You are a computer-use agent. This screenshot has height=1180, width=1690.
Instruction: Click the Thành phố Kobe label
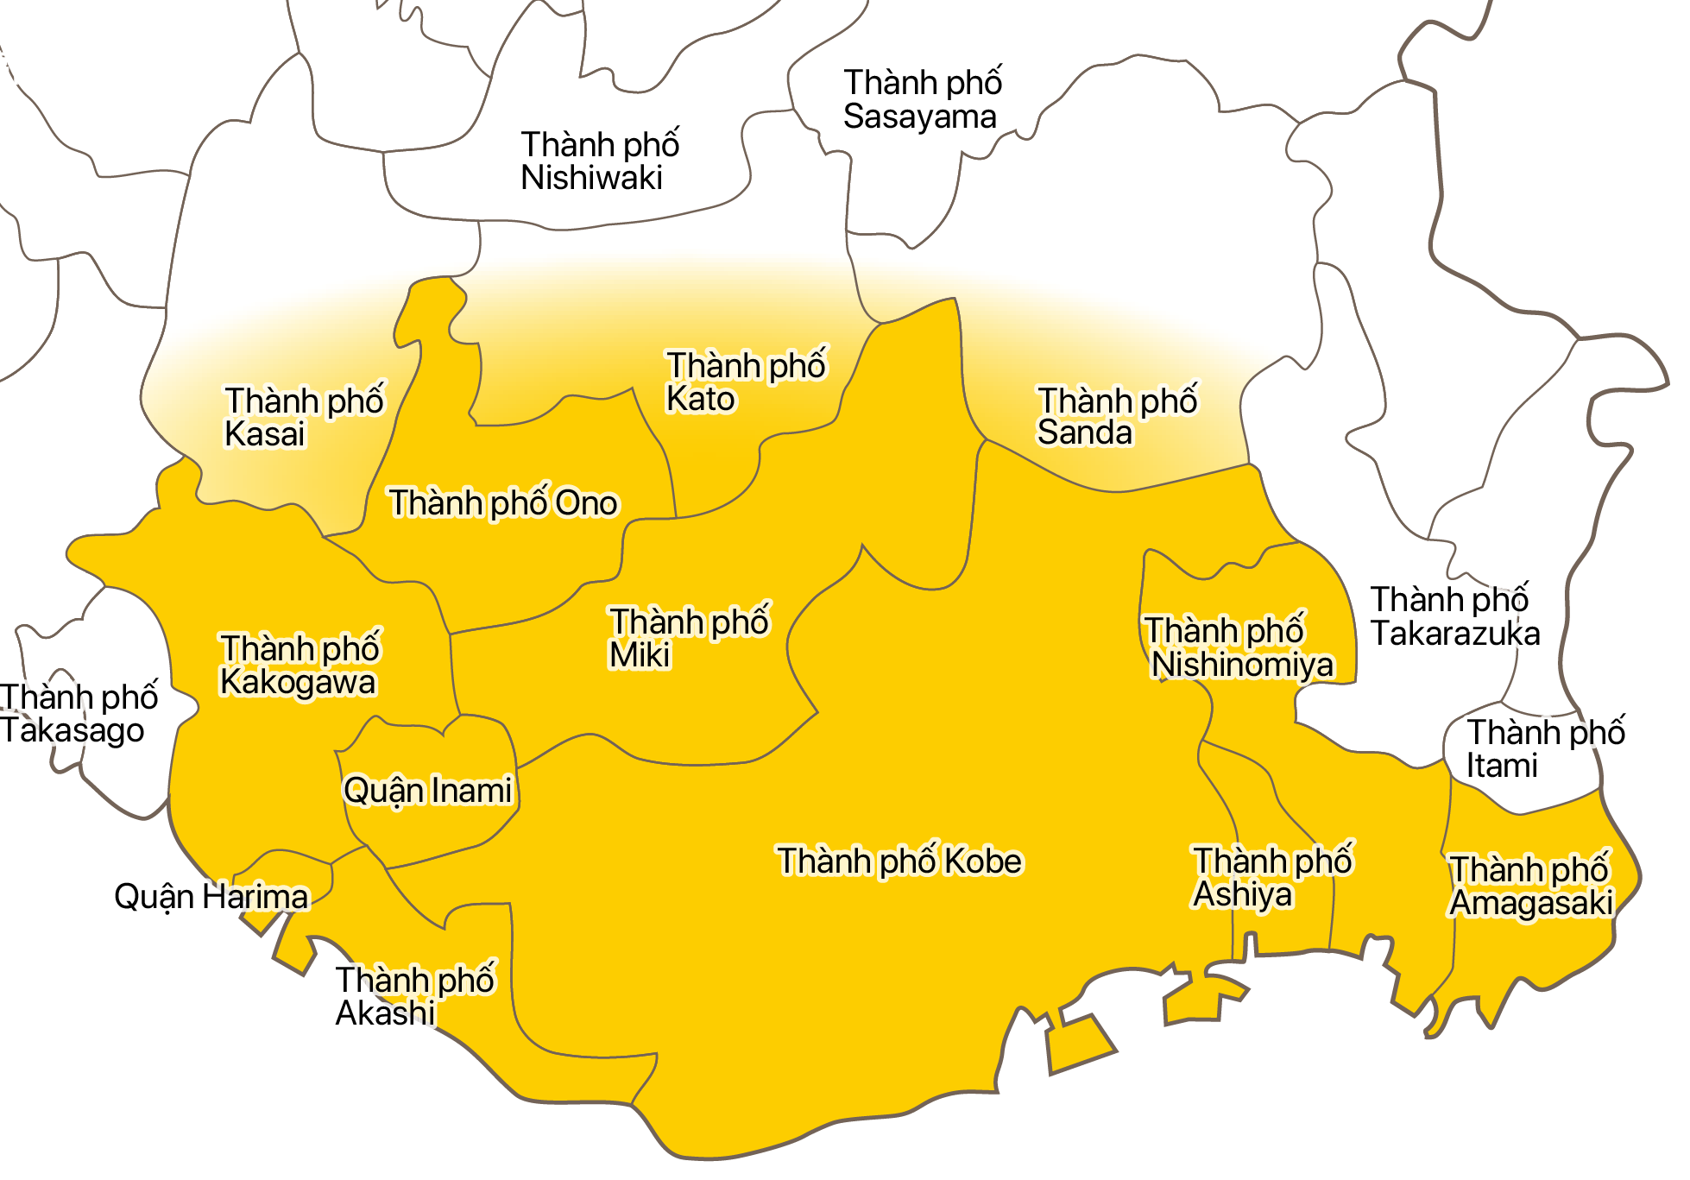click(899, 861)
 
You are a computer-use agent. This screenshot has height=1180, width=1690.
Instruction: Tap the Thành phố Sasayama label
click(922, 100)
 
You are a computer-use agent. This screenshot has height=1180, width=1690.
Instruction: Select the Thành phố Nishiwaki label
click(599, 161)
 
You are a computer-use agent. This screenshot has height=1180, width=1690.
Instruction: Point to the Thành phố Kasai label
click(303, 418)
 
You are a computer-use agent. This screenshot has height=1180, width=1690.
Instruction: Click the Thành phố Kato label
click(745, 382)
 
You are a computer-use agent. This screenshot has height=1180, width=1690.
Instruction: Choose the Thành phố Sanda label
click(1116, 417)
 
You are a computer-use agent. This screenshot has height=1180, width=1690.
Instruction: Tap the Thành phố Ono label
click(503, 503)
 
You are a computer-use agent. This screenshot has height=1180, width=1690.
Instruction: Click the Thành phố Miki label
click(688, 639)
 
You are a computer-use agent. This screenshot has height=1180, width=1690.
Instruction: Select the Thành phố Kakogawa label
click(299, 666)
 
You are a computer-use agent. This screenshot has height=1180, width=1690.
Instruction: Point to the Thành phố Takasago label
click(78, 714)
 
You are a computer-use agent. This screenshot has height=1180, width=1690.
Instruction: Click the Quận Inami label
click(427, 791)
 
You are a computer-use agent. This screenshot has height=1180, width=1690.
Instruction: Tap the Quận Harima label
click(211, 897)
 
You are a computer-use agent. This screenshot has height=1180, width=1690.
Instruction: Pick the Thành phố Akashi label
click(414, 996)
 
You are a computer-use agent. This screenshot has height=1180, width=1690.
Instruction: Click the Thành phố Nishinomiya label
click(1239, 648)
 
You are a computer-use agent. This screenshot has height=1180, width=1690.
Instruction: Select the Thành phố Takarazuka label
click(1454, 617)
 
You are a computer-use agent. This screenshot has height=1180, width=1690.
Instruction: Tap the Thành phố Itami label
click(1545, 749)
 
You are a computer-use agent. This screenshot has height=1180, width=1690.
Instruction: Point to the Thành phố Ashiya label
click(1271, 878)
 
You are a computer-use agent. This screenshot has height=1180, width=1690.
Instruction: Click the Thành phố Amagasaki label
click(1530, 887)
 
